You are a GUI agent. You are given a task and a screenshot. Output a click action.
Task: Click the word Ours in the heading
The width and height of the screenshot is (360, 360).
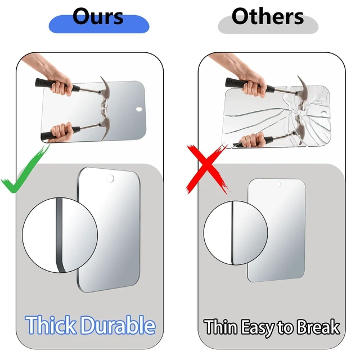tap(98, 16)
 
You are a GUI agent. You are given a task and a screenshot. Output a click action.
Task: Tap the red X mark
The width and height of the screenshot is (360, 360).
tap(208, 169)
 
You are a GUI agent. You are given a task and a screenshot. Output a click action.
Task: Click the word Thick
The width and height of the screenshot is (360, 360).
tap(51, 325)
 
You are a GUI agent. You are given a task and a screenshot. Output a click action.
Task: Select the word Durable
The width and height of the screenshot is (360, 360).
tap(119, 325)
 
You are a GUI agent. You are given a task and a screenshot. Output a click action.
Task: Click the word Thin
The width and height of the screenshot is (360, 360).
tap(220, 327)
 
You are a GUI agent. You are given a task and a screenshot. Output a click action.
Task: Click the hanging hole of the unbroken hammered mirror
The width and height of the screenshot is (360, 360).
tap(139, 109)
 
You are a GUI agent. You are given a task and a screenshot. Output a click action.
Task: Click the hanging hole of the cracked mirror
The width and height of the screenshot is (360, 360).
tap(324, 113)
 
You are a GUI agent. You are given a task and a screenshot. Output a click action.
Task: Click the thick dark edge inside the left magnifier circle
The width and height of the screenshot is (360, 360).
tap(59, 235)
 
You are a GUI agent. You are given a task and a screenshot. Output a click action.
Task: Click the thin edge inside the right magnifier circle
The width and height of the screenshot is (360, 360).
tap(232, 233)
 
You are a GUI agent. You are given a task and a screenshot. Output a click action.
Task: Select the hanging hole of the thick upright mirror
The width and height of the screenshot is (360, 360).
tap(110, 178)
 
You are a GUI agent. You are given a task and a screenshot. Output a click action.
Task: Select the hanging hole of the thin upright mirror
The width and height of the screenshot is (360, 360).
tap(279, 184)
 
